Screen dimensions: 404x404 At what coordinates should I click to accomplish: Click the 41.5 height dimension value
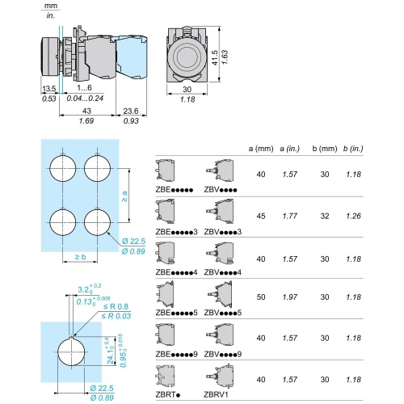tap(215, 57)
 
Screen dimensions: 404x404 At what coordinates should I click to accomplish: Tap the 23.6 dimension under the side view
tap(131, 111)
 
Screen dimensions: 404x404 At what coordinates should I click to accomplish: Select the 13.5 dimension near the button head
tap(49, 89)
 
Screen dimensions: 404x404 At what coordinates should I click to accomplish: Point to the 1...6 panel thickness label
tap(84, 87)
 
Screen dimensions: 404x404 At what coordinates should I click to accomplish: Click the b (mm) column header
tap(325, 149)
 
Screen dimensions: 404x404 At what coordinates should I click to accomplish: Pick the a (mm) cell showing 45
tap(261, 216)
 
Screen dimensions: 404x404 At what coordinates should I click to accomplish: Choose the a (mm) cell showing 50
tap(261, 297)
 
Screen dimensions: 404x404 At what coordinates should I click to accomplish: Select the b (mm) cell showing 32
tap(325, 216)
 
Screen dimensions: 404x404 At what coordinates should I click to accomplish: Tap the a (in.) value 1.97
tap(290, 297)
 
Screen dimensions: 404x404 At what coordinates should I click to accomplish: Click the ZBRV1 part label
tap(216, 394)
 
